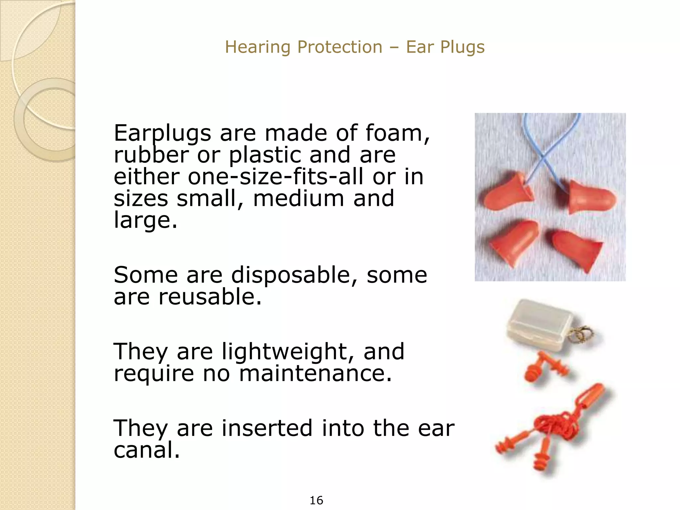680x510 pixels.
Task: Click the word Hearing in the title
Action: (254, 47)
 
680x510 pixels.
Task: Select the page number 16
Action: (316, 500)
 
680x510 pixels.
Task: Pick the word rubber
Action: (151, 155)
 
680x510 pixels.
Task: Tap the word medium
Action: (298, 198)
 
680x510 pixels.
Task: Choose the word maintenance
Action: (315, 373)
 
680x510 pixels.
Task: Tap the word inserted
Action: (267, 428)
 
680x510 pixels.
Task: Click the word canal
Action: (146, 450)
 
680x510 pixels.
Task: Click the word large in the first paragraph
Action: (145, 220)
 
